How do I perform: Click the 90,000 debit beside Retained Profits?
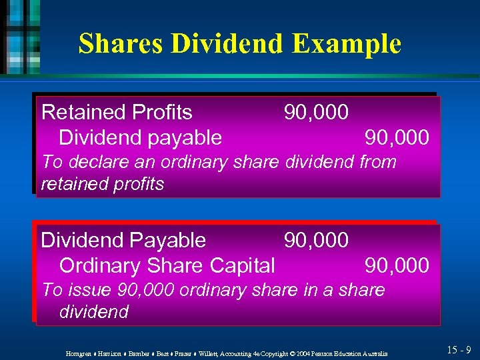[316, 113]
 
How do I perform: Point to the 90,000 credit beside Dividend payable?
[397, 138]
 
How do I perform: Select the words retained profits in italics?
[102, 184]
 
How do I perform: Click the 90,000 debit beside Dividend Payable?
[316, 240]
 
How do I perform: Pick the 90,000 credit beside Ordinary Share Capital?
[397, 265]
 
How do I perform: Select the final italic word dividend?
[93, 312]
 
